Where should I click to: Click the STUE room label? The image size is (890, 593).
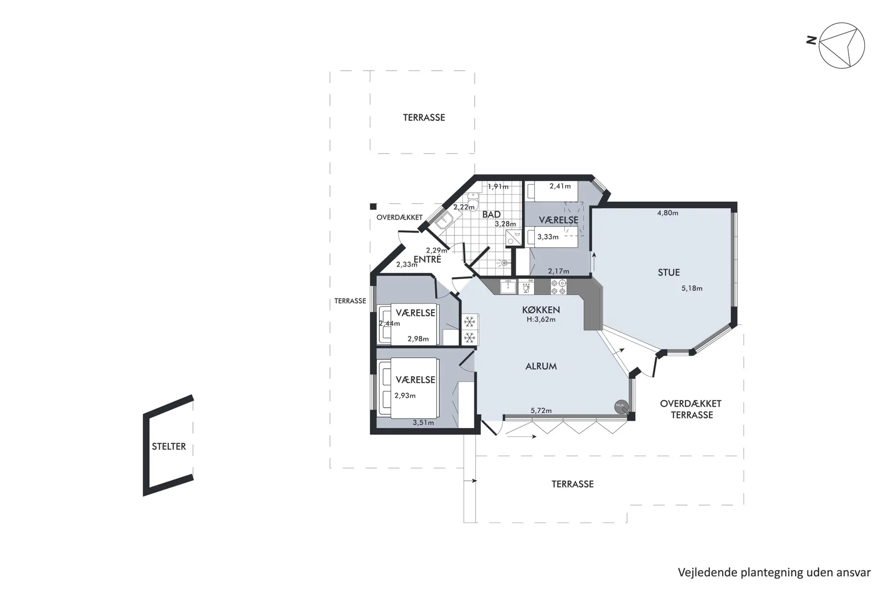click(669, 272)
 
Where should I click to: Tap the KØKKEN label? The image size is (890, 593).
click(541, 310)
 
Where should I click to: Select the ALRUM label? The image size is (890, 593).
click(541, 366)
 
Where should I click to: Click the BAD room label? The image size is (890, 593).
click(491, 214)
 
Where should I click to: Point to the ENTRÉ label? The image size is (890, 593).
click(427, 259)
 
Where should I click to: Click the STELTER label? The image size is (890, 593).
click(169, 446)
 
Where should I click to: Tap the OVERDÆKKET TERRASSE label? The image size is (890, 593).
click(691, 409)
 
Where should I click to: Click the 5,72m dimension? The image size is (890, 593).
click(541, 410)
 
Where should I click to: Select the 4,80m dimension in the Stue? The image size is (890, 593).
click(667, 213)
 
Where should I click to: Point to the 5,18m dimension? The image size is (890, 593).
click(692, 288)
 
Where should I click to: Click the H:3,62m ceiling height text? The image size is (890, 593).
click(541, 320)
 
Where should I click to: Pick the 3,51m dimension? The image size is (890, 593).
click(423, 423)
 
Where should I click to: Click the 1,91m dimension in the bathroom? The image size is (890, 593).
click(498, 187)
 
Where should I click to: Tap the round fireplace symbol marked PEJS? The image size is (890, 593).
click(621, 406)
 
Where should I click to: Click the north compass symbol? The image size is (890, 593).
click(841, 46)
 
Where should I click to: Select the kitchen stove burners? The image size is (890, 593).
click(558, 287)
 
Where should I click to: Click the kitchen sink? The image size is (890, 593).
click(509, 286)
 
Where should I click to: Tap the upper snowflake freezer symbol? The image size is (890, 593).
click(470, 322)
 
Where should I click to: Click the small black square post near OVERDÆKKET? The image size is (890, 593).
click(373, 207)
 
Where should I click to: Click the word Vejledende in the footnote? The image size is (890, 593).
click(707, 573)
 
